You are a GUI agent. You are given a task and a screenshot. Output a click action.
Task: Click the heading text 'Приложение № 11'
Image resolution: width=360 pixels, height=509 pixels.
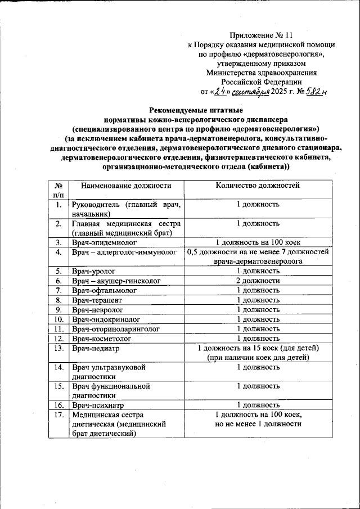tap(262, 35)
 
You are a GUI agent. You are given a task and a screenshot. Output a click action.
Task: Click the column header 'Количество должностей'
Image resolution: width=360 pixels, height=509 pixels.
tap(258, 185)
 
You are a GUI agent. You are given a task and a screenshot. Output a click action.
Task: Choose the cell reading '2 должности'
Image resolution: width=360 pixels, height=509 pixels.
tap(258, 281)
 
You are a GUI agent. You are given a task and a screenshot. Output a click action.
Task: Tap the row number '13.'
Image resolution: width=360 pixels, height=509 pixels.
tap(57, 348)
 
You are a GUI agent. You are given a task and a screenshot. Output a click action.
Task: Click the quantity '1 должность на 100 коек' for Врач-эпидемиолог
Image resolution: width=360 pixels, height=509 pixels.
tap(258, 242)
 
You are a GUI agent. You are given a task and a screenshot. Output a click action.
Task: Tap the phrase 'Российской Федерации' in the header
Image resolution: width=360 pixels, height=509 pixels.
tap(262, 82)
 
